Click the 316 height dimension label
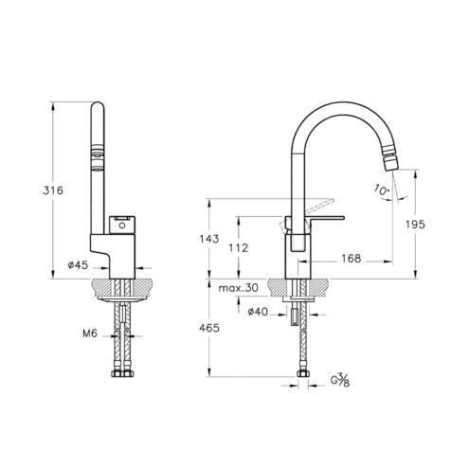click(x=53, y=190)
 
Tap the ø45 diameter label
click(x=78, y=264)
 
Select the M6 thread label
click(x=90, y=334)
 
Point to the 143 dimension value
click(x=208, y=239)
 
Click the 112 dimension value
click(x=239, y=248)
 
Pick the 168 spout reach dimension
click(x=351, y=259)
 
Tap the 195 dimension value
click(x=415, y=225)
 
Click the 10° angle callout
click(x=382, y=189)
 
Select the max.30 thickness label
click(x=238, y=288)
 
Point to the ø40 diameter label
click(x=258, y=312)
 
